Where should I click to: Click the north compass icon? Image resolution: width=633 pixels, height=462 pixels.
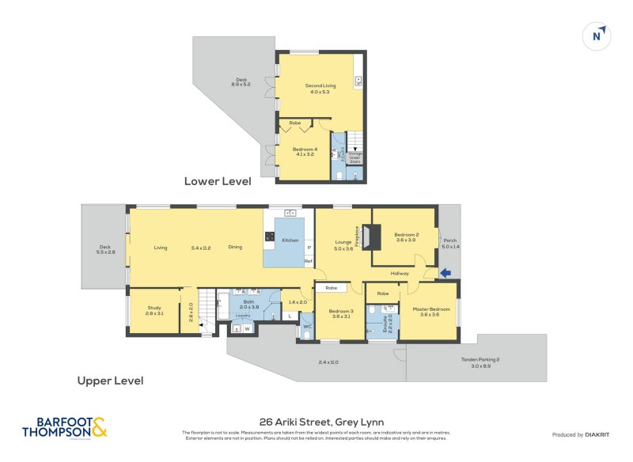coord(598,36)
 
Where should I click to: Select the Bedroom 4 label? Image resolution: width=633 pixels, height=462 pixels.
coord(305,151)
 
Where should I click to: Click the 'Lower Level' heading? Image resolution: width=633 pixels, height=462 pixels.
coord(218,181)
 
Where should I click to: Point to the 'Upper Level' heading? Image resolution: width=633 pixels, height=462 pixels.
coord(110,381)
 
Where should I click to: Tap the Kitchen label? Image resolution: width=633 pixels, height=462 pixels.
coord(290,240)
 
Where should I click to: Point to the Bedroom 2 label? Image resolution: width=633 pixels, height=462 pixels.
coord(407,234)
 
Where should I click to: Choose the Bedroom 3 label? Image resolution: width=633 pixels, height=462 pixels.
coord(340,311)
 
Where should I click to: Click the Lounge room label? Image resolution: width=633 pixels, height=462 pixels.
coord(343,243)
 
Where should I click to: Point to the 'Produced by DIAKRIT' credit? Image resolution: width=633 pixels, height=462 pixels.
coord(585,435)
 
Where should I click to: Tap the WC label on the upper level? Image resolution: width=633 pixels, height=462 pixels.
coord(307,326)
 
